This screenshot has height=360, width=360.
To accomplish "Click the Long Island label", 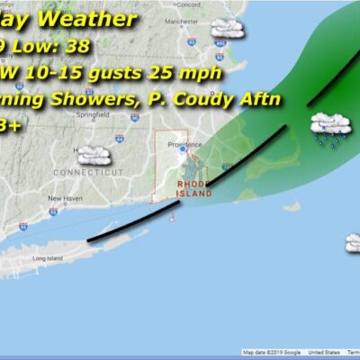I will tap(45, 257).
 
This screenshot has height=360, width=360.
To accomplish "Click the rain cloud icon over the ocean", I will tap(329, 130).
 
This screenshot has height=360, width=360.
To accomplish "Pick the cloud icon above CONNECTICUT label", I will tap(93, 155).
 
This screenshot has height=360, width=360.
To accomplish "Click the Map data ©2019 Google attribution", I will tap(271, 353).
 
